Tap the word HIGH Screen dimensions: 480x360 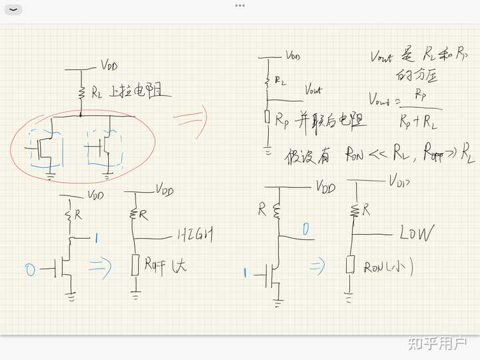(197, 235)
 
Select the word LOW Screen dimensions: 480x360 (416, 233)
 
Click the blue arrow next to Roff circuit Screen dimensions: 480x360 (100, 267)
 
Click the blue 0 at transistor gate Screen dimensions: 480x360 (29, 269)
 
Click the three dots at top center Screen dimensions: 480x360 (240, 5)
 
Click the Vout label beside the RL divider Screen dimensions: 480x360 (312, 89)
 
